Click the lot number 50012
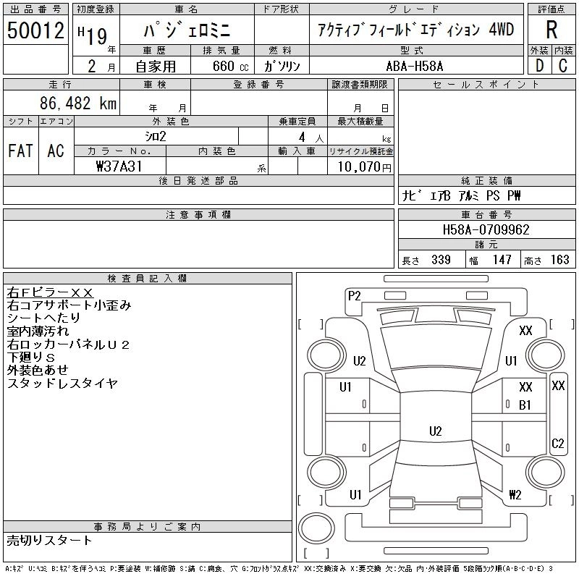click(x=35, y=30)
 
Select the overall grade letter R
click(x=551, y=30)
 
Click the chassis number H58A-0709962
click(x=486, y=230)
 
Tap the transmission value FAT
click(x=20, y=151)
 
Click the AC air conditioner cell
click(x=56, y=151)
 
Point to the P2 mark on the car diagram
click(x=354, y=295)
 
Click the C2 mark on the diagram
click(x=557, y=444)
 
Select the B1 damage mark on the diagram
click(x=525, y=405)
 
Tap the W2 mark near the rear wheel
click(x=515, y=496)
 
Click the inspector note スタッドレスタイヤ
click(x=62, y=384)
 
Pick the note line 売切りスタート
click(x=49, y=540)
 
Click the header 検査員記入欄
click(x=148, y=278)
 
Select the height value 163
click(x=559, y=260)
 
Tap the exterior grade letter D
click(x=538, y=66)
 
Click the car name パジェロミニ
click(x=186, y=30)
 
